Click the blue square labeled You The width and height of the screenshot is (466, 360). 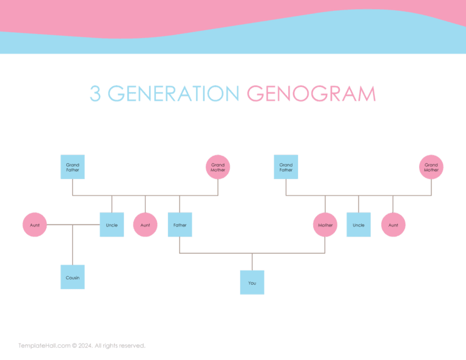[252, 282]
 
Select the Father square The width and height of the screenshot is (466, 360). [180, 225]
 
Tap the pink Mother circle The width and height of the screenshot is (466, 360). [325, 225]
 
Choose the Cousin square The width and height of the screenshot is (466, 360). [72, 277]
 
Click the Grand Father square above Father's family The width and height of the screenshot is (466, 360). [72, 167]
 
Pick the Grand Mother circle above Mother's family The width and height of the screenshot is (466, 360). [431, 167]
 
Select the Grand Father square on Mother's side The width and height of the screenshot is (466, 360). [286, 167]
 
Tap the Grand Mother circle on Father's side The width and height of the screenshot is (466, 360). [218, 167]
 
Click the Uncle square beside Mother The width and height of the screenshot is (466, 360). [359, 225]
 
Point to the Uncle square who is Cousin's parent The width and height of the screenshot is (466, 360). [112, 225]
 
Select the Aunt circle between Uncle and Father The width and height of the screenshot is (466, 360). [145, 225]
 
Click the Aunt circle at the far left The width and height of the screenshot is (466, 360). [35, 225]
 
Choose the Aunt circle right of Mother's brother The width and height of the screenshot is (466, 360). [393, 225]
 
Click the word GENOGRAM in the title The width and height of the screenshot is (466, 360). [311, 94]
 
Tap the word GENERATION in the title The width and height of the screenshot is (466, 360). [174, 94]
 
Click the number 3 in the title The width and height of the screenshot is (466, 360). [95, 94]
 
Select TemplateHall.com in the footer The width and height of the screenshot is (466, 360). [44, 345]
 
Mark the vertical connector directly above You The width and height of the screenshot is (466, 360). [252, 262]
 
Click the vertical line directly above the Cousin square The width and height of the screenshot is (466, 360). [72, 245]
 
